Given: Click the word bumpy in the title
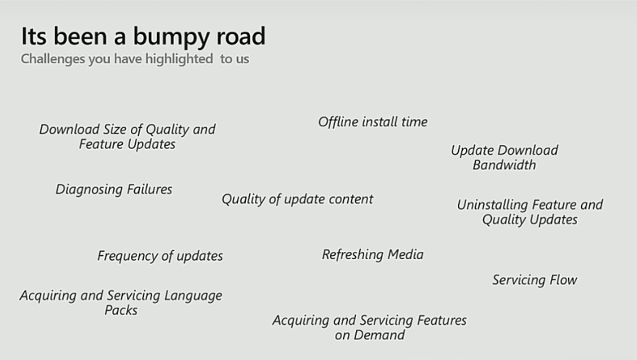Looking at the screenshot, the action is tap(172, 37).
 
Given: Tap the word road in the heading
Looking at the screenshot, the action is tap(241, 36).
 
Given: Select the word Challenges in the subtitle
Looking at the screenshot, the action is tap(53, 59).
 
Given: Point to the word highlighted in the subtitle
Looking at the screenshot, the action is tap(179, 59).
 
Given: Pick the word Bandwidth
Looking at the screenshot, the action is tap(504, 165).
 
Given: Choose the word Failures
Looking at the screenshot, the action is tap(149, 189).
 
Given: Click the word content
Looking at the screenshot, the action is tap(351, 199).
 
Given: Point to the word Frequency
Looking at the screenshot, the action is tap(127, 256).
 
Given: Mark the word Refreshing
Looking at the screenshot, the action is tap(352, 255).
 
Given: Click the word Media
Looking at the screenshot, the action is tap(406, 254).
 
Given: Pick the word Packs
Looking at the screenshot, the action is tap(121, 310).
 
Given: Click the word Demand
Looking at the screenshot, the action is tap(379, 335).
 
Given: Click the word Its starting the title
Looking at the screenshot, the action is tap(34, 36).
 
